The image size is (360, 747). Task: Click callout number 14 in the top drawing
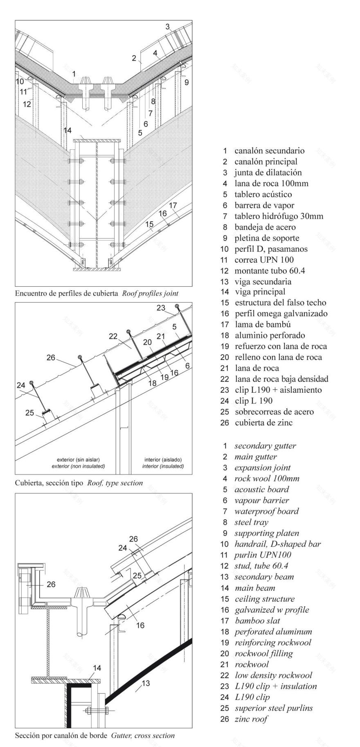click(x=67, y=130)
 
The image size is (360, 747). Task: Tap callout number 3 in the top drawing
click(x=167, y=27)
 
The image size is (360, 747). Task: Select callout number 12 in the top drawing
click(x=27, y=104)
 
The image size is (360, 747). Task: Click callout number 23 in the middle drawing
click(x=161, y=308)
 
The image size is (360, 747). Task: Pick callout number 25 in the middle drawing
click(x=30, y=413)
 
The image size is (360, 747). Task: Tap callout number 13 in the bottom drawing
click(x=146, y=683)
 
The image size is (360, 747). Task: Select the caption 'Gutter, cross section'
click(x=143, y=735)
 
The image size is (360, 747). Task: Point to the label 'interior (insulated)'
click(x=163, y=466)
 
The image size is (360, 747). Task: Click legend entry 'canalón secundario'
click(x=269, y=151)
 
